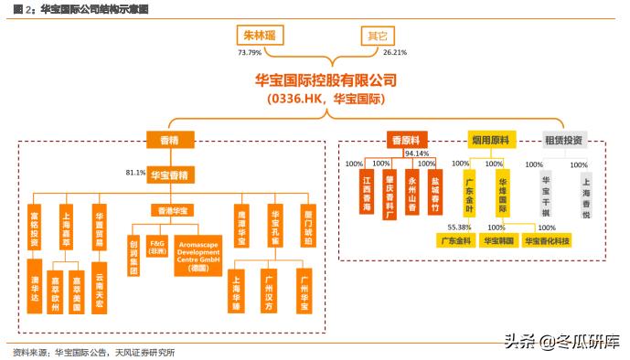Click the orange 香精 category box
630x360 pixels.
pos(164,140)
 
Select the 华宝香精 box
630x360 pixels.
pos(171,173)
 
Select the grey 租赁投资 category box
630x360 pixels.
pos(563,140)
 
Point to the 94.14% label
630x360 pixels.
pos(417,154)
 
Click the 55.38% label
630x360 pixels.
pos(459,227)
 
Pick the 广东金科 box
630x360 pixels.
pos(456,241)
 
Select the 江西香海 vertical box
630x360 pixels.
pos(367,193)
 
